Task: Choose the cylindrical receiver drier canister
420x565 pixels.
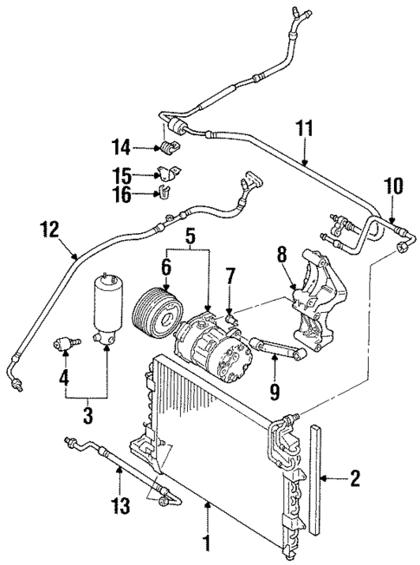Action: [x=107, y=307]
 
